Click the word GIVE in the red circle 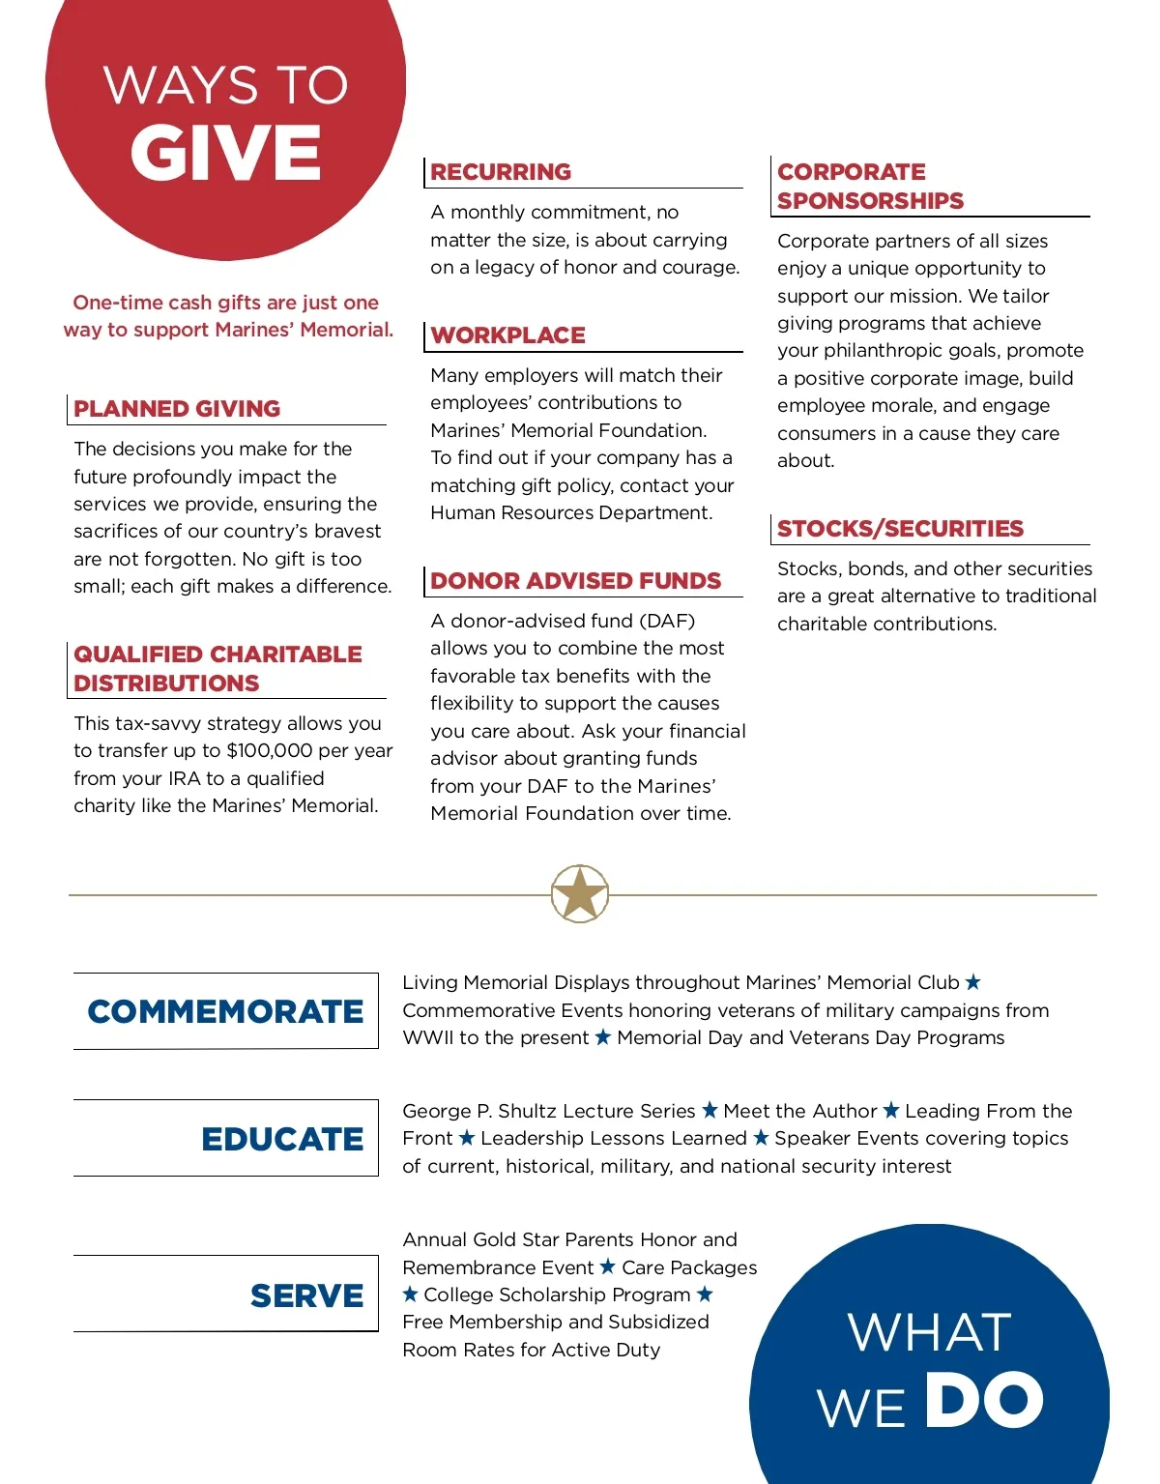225,153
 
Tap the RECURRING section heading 501,172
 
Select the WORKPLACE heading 507,335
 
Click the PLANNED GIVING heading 177,409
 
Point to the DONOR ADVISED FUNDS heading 575,581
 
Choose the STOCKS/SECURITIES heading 900,529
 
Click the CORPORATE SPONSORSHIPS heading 870,187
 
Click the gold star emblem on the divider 580,893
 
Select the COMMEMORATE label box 225,1011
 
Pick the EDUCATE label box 225,1139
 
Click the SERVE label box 225,1295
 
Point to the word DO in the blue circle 983,1400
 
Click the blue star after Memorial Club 973,982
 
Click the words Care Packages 689,1267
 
